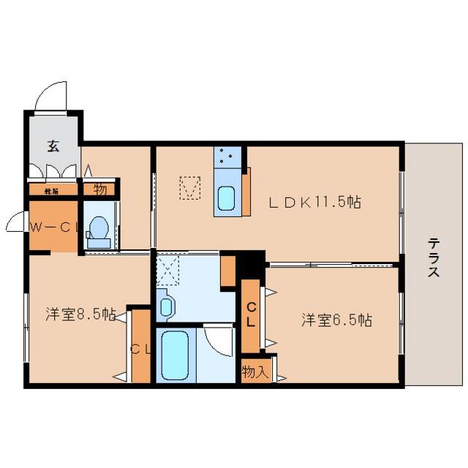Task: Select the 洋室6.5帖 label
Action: pos(336,320)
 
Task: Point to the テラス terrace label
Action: pos(434,257)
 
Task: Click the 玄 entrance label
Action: pos(53,146)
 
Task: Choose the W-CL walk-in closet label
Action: pos(53,227)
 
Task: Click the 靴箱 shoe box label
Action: pos(51,191)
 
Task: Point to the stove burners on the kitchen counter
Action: pos(227,155)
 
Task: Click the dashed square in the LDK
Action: pos(189,188)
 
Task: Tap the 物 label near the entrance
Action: pos(99,189)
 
